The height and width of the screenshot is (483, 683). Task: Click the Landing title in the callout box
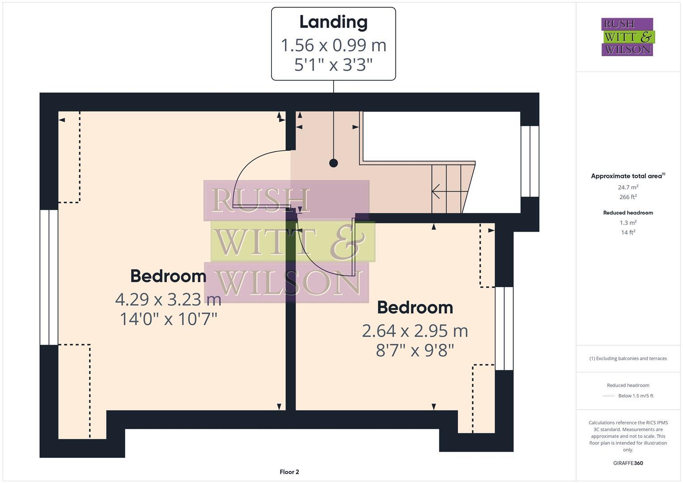333,22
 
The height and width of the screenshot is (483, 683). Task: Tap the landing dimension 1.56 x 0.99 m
333,45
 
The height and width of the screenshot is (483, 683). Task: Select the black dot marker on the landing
333,163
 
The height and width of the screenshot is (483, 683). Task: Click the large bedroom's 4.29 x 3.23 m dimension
168,299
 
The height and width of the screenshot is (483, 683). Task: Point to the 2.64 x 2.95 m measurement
415,331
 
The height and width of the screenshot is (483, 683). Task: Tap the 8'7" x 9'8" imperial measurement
415,350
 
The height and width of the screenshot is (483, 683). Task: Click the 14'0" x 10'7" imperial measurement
168,319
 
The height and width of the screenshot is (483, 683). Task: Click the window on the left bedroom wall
49,277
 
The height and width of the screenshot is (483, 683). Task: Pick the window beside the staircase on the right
530,161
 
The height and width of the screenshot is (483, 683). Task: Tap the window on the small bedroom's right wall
504,329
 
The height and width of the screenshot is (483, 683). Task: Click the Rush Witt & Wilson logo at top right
627,37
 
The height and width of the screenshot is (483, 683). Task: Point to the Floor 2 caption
289,472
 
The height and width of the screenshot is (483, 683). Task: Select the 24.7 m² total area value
628,187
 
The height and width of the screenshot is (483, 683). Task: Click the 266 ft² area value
628,197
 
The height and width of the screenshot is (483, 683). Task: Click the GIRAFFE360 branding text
628,463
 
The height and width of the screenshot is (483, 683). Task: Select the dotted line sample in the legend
609,396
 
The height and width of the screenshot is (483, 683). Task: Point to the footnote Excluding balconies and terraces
628,359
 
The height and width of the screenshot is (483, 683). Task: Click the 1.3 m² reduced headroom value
628,223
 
